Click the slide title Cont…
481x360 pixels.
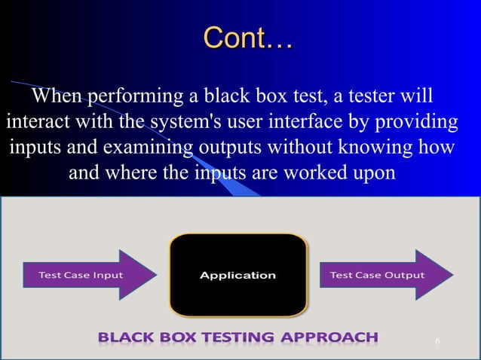pyautogui.click(x=247, y=37)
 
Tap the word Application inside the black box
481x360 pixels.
pyautogui.click(x=238, y=276)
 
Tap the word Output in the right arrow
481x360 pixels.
pyautogui.click(x=405, y=275)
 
